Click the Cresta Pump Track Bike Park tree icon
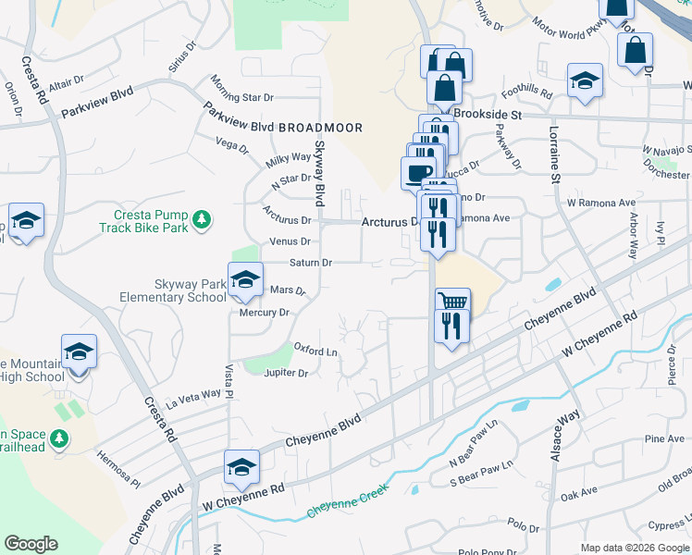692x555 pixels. [x=202, y=221]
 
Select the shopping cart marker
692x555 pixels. [x=452, y=302]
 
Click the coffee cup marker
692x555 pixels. [x=418, y=172]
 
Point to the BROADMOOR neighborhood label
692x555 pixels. [x=319, y=127]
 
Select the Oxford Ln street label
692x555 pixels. [x=315, y=351]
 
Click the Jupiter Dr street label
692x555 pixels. [x=286, y=373]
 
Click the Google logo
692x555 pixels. [x=31, y=544]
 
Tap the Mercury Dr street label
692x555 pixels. [x=265, y=313]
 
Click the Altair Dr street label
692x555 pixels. [x=66, y=83]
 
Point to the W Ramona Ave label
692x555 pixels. [x=601, y=203]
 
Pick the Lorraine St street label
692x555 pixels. [x=555, y=153]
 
